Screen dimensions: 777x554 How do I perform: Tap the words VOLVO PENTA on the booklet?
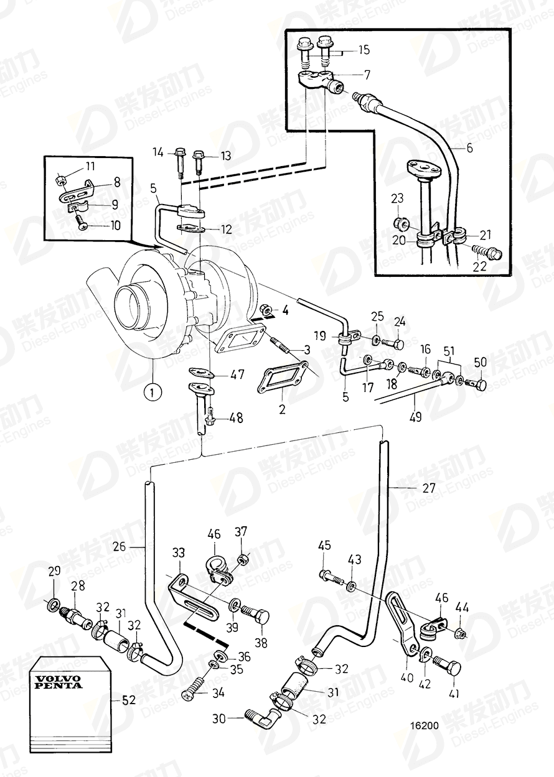point(58,681)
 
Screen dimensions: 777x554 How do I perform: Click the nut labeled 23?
point(402,222)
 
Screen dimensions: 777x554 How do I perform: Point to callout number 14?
point(157,152)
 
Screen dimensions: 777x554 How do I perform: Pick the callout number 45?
point(324,546)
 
